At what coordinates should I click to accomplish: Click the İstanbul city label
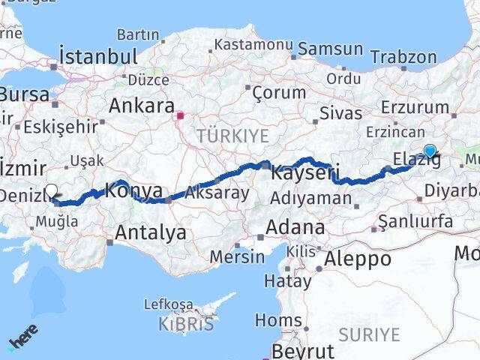point(98,57)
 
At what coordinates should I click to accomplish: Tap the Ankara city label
point(142,106)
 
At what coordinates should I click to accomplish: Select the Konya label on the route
point(134,190)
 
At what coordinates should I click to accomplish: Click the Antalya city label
point(150,233)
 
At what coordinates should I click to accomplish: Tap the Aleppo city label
point(355,259)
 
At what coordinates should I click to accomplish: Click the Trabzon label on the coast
point(403,57)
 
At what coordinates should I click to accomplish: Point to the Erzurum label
point(415,107)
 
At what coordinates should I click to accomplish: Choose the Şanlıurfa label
point(415,221)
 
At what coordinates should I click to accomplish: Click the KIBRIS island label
point(186,325)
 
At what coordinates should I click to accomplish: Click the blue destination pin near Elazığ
point(429,150)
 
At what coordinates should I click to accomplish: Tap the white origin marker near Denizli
point(52,192)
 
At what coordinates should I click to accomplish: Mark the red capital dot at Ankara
point(180,115)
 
